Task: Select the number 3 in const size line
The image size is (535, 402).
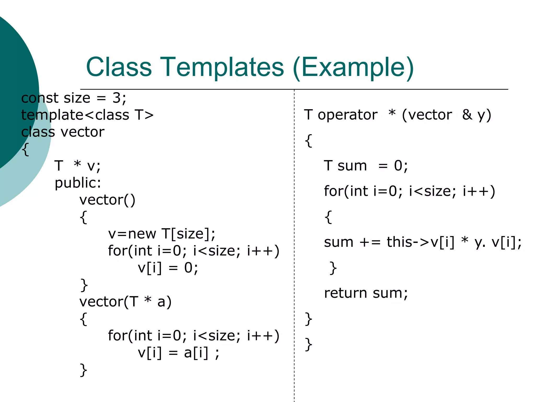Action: [117, 98]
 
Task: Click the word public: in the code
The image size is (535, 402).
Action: [78, 183]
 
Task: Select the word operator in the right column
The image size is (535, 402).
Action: [347, 115]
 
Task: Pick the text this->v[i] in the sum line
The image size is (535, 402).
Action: [420, 242]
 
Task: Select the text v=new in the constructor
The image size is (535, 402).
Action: [132, 233]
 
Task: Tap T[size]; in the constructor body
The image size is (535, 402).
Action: [188, 233]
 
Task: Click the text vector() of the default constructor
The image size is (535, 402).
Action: [107, 200]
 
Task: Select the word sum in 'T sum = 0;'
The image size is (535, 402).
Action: [352, 166]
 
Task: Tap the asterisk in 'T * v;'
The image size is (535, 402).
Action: [77, 164]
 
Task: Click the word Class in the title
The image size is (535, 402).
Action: [119, 67]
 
